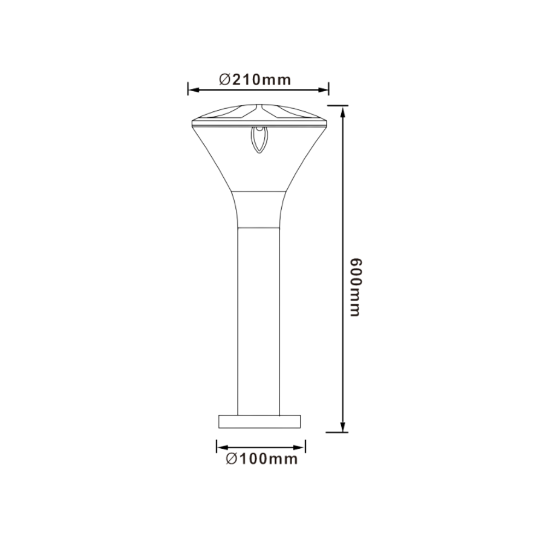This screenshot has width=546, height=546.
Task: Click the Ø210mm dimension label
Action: pos(255,80)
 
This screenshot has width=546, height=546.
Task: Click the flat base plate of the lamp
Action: pos(259,421)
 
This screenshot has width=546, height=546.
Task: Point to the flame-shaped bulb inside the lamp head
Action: pos(259,140)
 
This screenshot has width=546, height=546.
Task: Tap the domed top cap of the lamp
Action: pos(259,114)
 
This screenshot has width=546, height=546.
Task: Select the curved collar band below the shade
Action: pos(259,209)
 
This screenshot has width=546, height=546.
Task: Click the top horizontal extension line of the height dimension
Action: pos(337,104)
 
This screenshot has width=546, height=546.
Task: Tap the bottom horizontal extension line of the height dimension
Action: pos(336,432)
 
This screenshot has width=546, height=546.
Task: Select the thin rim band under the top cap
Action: pos(259,125)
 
